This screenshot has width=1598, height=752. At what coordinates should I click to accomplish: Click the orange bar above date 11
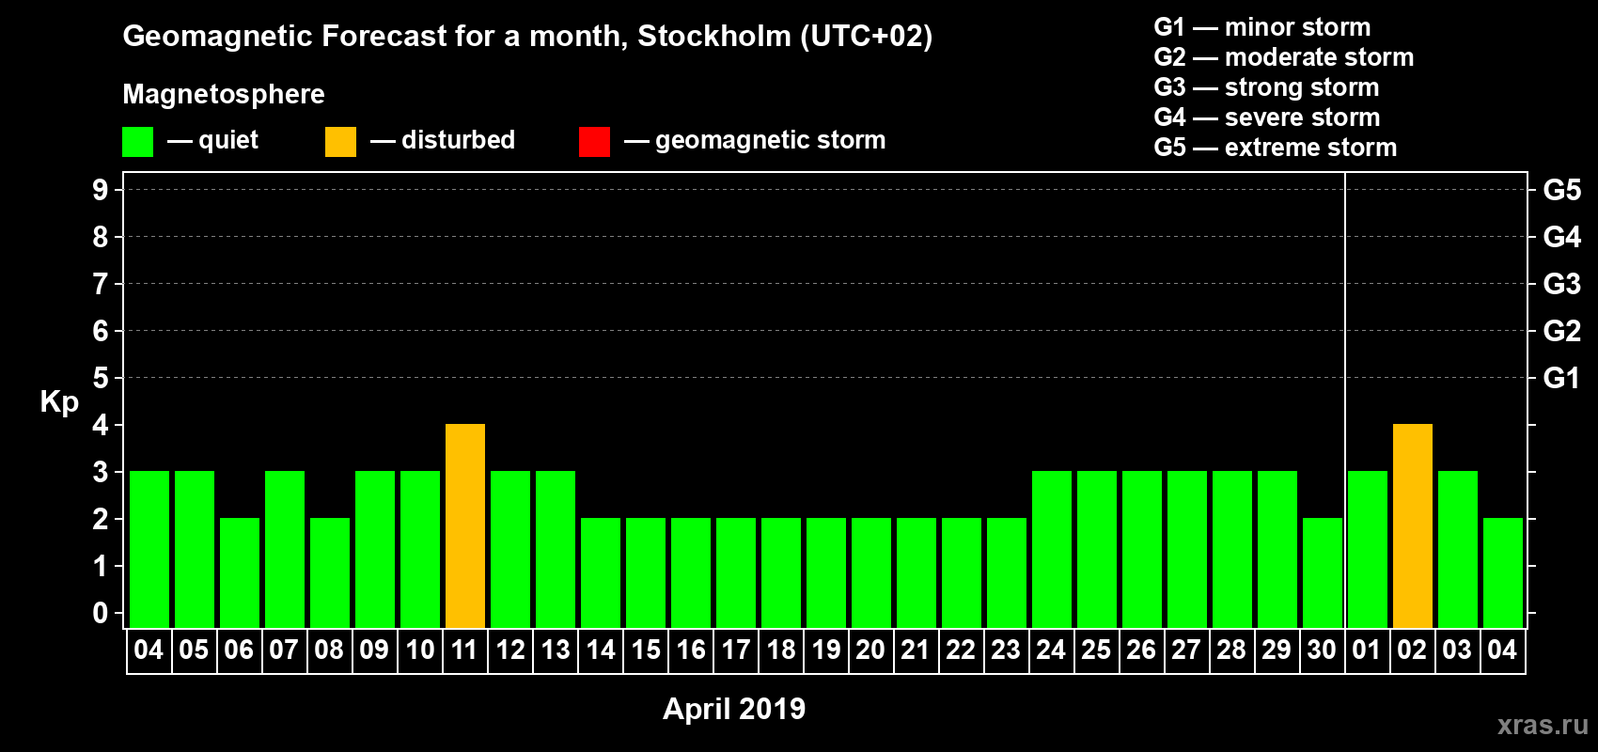pos(465,525)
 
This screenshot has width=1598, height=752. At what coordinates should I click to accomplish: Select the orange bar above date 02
pos(1413,525)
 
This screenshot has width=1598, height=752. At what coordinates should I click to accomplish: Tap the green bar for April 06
pos(240,572)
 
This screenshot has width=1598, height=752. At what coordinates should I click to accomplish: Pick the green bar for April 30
pos(1323,572)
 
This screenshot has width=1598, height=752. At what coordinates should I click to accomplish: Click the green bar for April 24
pos(1052,549)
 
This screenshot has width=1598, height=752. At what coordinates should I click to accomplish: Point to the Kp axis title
pos(59,401)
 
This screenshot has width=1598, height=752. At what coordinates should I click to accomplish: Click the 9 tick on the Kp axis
pos(101,190)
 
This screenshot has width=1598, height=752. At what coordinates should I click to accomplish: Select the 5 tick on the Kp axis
pos(101,378)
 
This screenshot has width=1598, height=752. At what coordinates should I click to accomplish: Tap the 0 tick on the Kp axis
pos(101,613)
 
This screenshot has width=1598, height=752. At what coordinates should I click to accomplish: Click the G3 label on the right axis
pos(1561,284)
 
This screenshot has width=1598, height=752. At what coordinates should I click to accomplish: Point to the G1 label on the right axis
pos(1561,378)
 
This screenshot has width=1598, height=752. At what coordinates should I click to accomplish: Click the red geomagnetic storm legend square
pos(594,142)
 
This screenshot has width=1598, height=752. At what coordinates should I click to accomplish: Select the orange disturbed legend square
pos(340,142)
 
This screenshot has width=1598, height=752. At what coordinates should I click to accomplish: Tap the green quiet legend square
pos(137,142)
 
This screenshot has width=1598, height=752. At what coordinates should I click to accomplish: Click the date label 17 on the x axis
pos(736,650)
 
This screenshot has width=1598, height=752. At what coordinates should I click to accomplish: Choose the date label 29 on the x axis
pos(1277,650)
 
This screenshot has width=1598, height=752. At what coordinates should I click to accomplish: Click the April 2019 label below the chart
pos(734,709)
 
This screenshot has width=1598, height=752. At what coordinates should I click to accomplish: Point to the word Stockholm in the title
pos(714,37)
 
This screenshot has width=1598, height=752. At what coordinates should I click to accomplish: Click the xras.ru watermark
pos(1543,725)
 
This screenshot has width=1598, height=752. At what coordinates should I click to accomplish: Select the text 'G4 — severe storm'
pos(1266,117)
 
